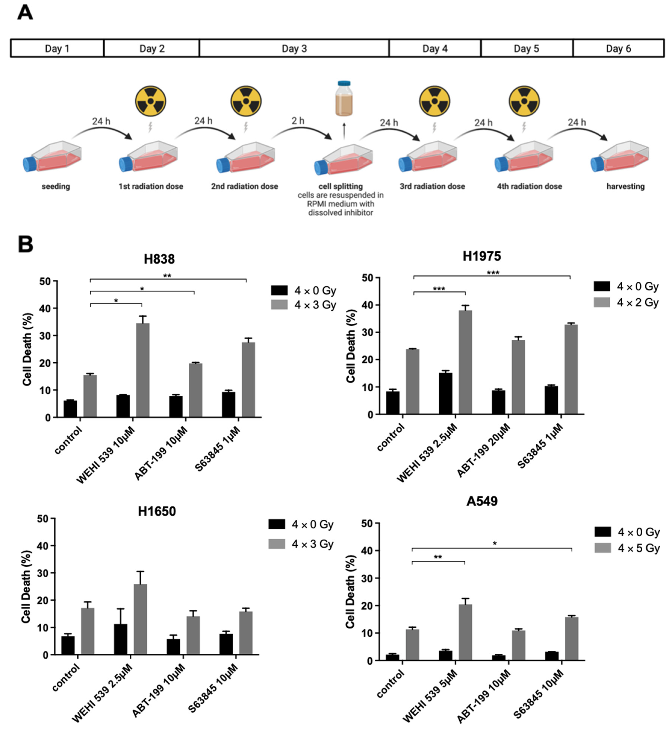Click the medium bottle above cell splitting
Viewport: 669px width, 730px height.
[x=344, y=99]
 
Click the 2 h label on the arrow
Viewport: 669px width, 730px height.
[x=298, y=121]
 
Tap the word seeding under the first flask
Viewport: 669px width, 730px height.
[x=56, y=186]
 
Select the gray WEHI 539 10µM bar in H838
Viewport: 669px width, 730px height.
[x=143, y=370]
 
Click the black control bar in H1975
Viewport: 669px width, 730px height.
[x=393, y=402]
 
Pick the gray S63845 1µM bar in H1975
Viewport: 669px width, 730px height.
[x=571, y=369]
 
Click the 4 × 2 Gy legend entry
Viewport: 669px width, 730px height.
[x=626, y=302]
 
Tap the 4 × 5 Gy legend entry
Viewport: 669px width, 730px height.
[x=627, y=548]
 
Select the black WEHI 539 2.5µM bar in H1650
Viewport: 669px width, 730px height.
[x=121, y=639]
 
